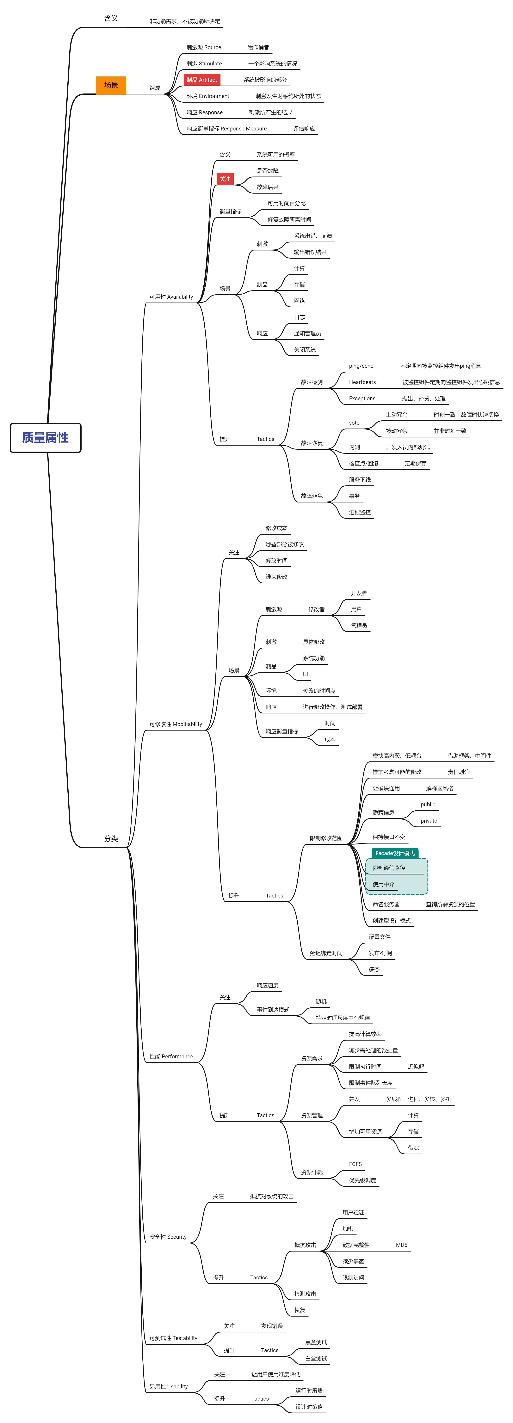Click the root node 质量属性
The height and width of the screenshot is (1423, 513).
[45, 437]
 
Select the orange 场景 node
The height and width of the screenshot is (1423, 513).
[111, 85]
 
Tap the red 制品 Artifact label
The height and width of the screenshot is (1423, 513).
[202, 80]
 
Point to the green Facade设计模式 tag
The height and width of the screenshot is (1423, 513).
[395, 853]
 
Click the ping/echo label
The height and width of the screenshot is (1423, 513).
[361, 366]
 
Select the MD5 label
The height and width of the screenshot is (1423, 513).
[401, 1245]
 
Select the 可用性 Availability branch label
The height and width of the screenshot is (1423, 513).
[171, 297]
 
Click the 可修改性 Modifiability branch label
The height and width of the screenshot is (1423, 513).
[175, 724]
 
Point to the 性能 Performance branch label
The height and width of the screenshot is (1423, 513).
[171, 1056]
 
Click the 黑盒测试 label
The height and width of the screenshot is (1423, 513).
[316, 1342]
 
